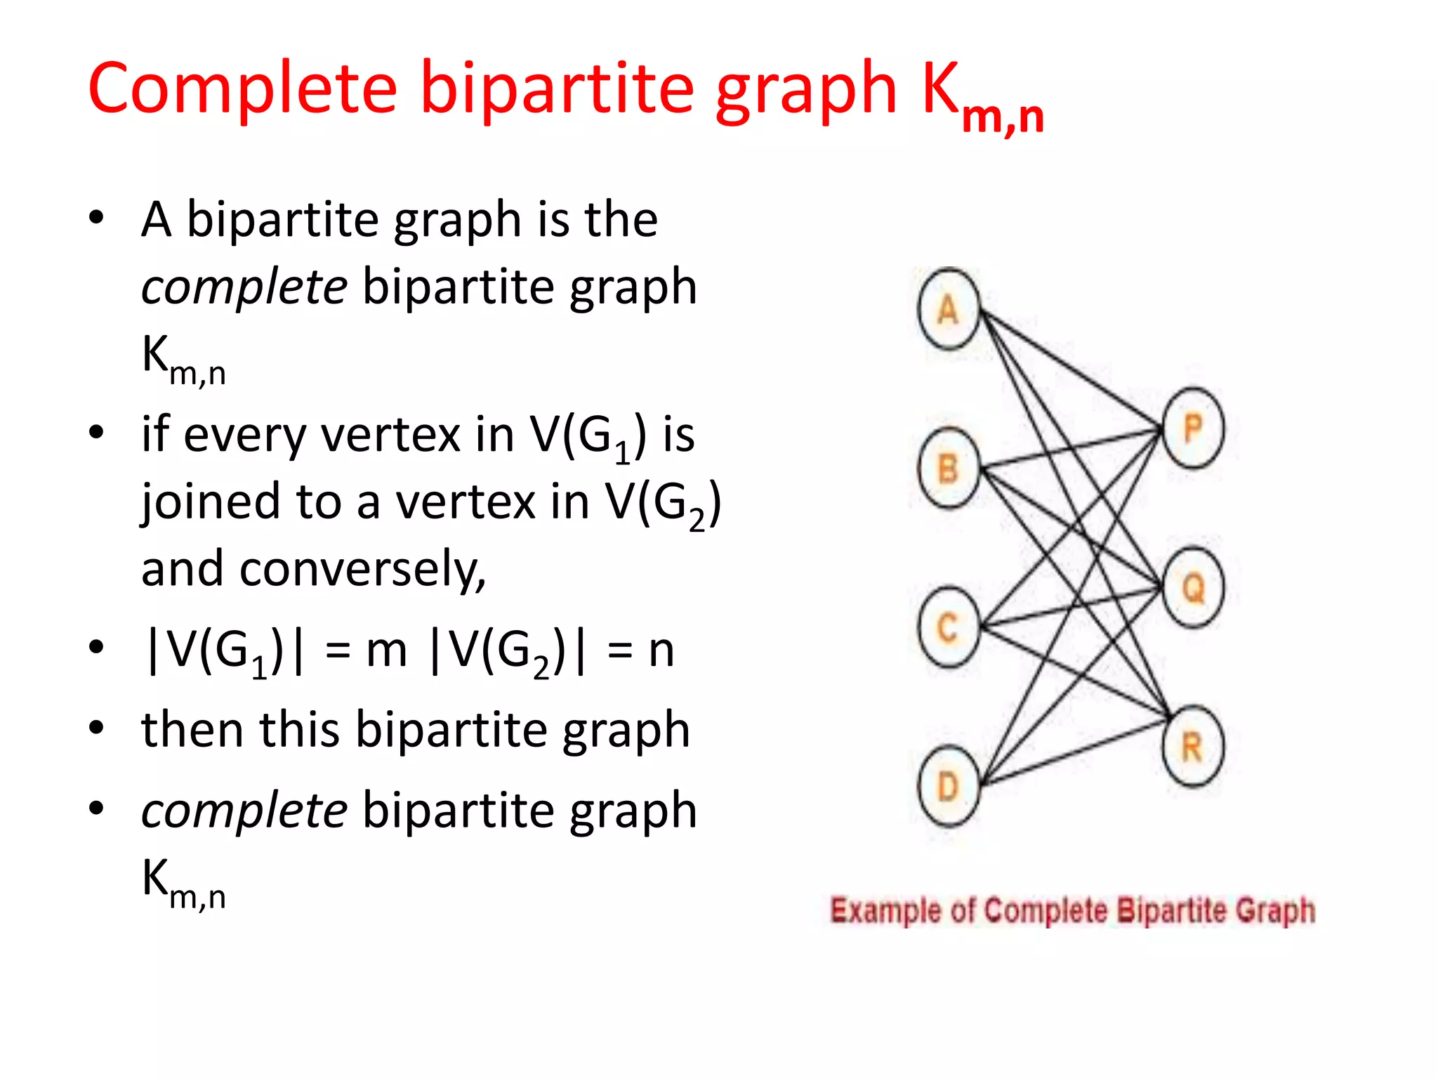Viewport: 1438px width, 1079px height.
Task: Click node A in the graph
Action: tap(949, 309)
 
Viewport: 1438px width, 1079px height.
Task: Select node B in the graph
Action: tap(949, 468)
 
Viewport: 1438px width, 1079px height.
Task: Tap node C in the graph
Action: tap(949, 627)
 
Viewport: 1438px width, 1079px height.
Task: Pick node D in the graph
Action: tap(949, 786)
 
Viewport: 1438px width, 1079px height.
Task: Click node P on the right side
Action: tap(1194, 428)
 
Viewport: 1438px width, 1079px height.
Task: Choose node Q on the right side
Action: tap(1194, 587)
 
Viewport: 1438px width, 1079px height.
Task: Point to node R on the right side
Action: tap(1194, 746)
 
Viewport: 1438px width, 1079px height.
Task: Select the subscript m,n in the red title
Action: tap(1003, 117)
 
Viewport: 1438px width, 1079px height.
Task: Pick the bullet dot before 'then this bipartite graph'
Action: tap(97, 728)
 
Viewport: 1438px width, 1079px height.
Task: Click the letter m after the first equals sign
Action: tap(386, 650)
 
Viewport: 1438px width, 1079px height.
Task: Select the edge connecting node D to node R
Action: tap(1074, 752)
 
